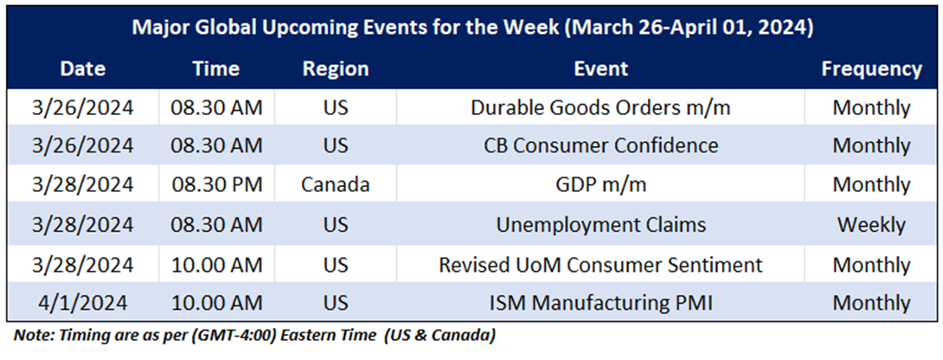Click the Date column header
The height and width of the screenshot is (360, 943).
pos(82,68)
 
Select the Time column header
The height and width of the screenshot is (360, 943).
pos(216,68)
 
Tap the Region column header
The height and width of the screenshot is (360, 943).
pos(336,69)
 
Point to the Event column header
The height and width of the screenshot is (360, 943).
pos(600,68)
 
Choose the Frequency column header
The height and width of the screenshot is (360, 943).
pos(871,69)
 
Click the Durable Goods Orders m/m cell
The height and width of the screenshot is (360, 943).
pos(600,108)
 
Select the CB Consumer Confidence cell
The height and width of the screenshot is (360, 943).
pos(600,145)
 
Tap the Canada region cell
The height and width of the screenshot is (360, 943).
pos(336,185)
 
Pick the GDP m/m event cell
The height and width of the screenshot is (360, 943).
pos(600,185)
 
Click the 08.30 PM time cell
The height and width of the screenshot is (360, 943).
pos(216,185)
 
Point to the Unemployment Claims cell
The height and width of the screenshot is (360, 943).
pos(600,224)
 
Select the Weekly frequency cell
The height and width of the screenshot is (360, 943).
pos(871,224)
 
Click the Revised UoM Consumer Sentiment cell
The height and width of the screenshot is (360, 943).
pos(600,264)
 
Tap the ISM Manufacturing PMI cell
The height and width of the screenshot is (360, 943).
pos(600,303)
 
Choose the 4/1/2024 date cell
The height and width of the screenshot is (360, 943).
pos(82,303)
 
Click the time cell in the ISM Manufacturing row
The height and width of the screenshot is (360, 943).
pos(216,303)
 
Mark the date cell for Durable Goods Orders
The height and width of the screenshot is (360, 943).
pos(82,108)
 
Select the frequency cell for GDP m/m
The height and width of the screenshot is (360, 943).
pos(871,185)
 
